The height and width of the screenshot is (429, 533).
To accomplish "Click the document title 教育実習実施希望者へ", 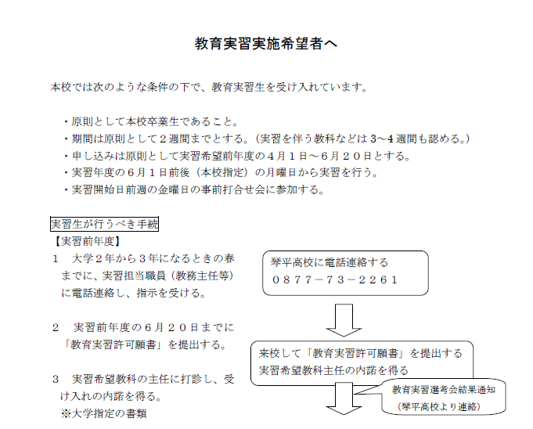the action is click(266, 44).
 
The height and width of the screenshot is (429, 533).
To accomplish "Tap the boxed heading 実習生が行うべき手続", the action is click(104, 224).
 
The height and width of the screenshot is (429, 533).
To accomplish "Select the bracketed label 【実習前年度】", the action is click(88, 241).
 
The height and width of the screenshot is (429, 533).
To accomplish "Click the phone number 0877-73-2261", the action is click(335, 279).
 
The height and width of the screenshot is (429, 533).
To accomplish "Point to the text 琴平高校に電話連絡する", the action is click(330, 262).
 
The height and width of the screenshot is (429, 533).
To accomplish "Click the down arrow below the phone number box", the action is click(344, 320).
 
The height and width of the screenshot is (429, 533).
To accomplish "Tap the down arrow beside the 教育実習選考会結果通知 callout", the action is click(344, 398).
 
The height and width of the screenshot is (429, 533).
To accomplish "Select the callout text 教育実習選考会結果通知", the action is click(444, 390).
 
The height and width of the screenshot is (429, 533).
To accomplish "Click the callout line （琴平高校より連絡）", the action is click(439, 406).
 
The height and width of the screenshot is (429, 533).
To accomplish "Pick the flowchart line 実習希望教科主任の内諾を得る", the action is click(333, 370).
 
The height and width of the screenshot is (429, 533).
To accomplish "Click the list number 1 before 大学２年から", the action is click(56, 259).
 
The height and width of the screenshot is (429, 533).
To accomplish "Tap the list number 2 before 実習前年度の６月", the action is click(56, 328).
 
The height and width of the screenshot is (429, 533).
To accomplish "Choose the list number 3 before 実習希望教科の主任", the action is click(56, 380).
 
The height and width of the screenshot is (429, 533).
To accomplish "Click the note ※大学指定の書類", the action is click(104, 413).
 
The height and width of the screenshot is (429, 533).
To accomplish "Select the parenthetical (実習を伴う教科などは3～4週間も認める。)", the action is click(362, 139).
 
